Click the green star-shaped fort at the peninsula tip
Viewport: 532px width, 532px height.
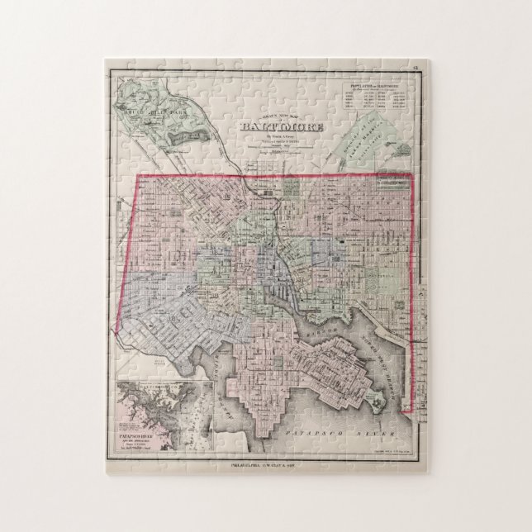coord(377,402)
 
